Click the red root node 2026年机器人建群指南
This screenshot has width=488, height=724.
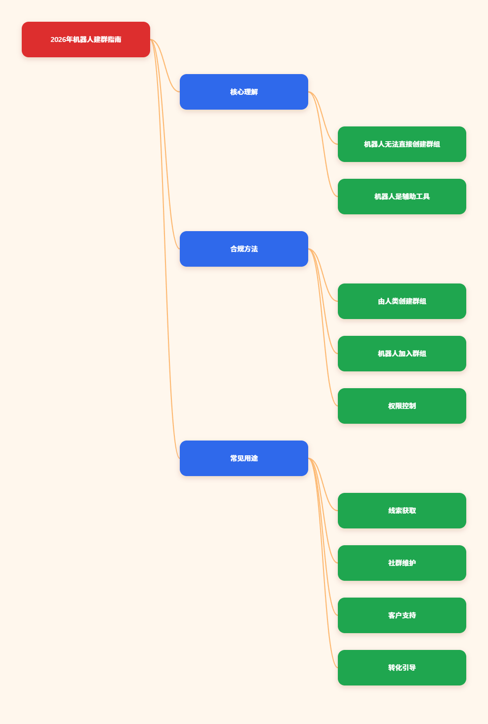[85, 40]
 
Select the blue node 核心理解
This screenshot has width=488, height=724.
[244, 92]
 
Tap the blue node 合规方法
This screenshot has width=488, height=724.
[244, 249]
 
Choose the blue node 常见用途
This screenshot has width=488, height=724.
[244, 458]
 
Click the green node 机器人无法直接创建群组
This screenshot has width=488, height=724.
[402, 144]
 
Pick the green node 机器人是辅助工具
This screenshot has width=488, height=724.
[402, 197]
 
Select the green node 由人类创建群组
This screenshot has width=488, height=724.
[402, 301]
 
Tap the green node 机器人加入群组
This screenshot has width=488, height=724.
[402, 354]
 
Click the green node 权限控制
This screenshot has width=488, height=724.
[402, 406]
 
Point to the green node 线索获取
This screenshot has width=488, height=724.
[402, 511]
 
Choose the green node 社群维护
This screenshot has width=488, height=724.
[402, 563]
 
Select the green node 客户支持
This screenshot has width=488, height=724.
[402, 615]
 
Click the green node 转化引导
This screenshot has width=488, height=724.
[402, 668]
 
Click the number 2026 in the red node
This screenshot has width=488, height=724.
[58, 40]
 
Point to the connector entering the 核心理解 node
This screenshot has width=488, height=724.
[165, 66]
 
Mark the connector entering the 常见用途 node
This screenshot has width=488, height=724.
[165, 249]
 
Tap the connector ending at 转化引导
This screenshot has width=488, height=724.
[323, 563]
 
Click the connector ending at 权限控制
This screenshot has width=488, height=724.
[323, 327]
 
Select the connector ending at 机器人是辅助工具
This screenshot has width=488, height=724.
[323, 144]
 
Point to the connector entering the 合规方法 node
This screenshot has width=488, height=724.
[165, 144]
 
